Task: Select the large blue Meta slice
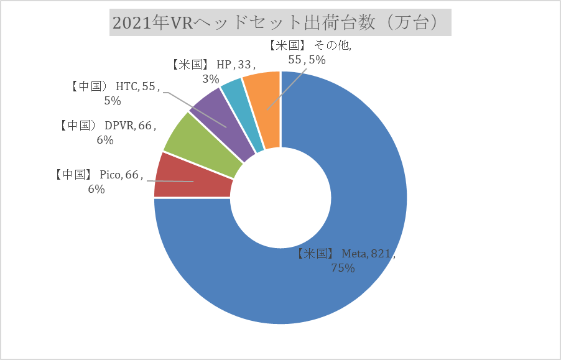coord(348,280)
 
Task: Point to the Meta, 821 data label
coord(346,254)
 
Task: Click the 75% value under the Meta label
coord(343,269)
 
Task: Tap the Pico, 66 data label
coord(100,175)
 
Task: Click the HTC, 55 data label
coord(116,87)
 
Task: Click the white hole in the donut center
coord(280,198)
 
